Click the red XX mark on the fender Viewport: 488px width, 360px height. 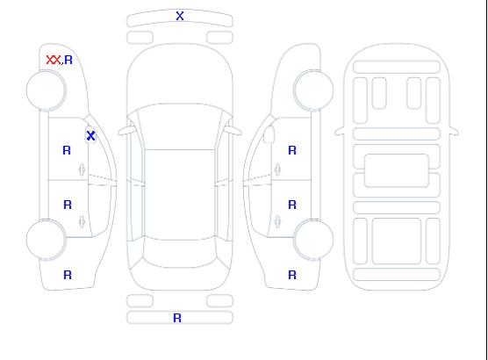click(54, 60)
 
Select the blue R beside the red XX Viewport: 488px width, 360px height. click(68, 60)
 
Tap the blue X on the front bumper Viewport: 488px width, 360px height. click(180, 16)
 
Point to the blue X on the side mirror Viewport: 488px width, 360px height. click(90, 135)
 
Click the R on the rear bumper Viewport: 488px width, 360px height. click(177, 318)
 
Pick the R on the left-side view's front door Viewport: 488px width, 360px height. click(67, 150)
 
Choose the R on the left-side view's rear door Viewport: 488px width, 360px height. click(68, 205)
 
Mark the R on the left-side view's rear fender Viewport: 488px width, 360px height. click(68, 275)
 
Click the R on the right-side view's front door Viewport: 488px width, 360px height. click(292, 150)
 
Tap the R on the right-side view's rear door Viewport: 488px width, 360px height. click(292, 205)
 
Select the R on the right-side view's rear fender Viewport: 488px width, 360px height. click(292, 275)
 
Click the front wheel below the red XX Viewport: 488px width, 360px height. click(46, 90)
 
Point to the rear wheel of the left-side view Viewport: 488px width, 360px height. click(46, 240)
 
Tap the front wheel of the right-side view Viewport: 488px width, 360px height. click(313, 90)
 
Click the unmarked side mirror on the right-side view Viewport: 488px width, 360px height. click(269, 134)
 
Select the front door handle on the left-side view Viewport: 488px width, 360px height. click(82, 169)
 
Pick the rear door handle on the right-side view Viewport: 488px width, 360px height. click(277, 221)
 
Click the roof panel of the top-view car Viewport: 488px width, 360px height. click(180, 195)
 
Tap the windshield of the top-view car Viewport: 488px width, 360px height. click(180, 126)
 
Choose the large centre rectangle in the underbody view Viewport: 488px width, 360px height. click(397, 170)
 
